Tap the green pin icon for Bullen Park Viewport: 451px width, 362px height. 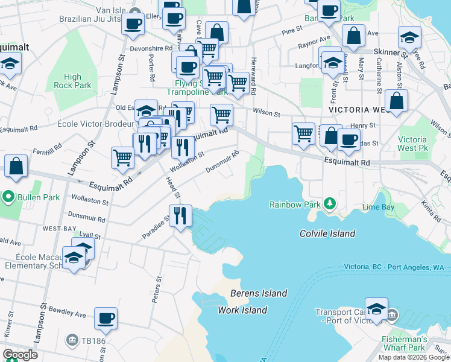(x=8, y=197)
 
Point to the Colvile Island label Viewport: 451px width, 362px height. (x=327, y=233)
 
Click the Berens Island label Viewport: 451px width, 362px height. (x=259, y=294)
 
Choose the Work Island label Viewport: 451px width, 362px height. (x=242, y=310)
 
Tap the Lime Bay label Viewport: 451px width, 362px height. (x=378, y=208)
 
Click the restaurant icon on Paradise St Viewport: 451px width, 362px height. (x=180, y=215)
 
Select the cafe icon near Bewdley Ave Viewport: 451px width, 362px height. (x=106, y=318)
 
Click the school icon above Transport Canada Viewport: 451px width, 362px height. (x=376, y=309)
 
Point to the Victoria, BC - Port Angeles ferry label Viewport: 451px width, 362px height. (x=393, y=267)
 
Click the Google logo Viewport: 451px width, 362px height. (x=20, y=355)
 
